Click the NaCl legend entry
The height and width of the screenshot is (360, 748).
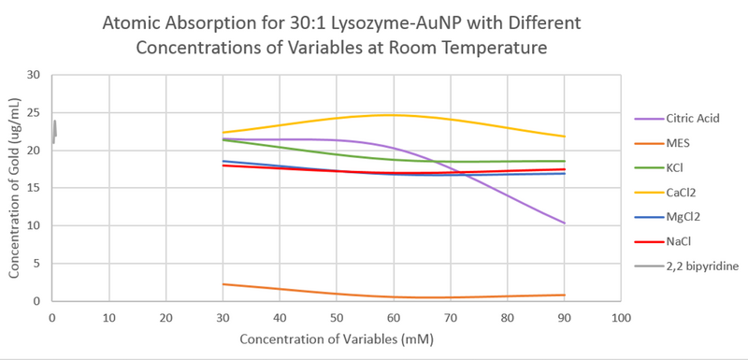coord(678,241)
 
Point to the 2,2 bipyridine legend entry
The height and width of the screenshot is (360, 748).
coord(702,266)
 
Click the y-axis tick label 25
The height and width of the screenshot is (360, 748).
coord(34,113)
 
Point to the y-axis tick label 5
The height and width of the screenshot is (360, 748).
coord(36,264)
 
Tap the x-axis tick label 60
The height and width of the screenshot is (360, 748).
coord(394,318)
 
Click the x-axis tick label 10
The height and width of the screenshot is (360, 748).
coord(109,318)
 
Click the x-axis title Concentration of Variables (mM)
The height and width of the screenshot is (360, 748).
coord(333,339)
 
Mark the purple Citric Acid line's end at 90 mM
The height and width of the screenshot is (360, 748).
coord(565,223)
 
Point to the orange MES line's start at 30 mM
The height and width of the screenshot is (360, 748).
coord(223,284)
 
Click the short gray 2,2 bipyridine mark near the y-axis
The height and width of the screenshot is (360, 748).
coord(54,131)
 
